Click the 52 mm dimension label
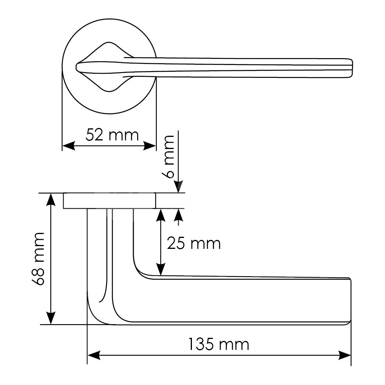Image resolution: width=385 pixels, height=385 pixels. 112,135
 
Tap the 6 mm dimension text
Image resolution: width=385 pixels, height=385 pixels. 168,156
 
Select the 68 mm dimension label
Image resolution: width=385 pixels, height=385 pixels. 38,259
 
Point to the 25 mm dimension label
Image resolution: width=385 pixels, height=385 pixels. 194,243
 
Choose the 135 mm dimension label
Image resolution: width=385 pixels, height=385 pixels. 218,344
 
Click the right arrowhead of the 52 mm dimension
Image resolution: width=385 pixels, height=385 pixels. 150,145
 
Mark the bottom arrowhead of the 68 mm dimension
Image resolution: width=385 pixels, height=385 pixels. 51,318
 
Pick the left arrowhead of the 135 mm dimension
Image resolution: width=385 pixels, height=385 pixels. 94,355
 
